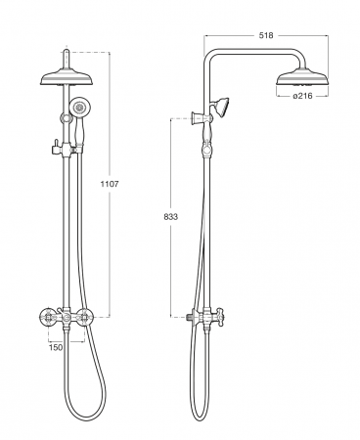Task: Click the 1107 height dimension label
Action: click(x=110, y=184)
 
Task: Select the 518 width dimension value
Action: click(x=266, y=35)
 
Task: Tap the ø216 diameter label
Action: click(x=302, y=96)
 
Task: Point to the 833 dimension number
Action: click(x=171, y=217)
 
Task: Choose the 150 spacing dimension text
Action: click(x=56, y=347)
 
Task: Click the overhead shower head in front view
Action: click(x=67, y=77)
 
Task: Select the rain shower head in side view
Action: click(x=302, y=77)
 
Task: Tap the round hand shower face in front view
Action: click(x=78, y=107)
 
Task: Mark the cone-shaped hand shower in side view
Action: click(x=220, y=107)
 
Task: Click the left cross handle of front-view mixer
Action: click(x=47, y=316)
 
